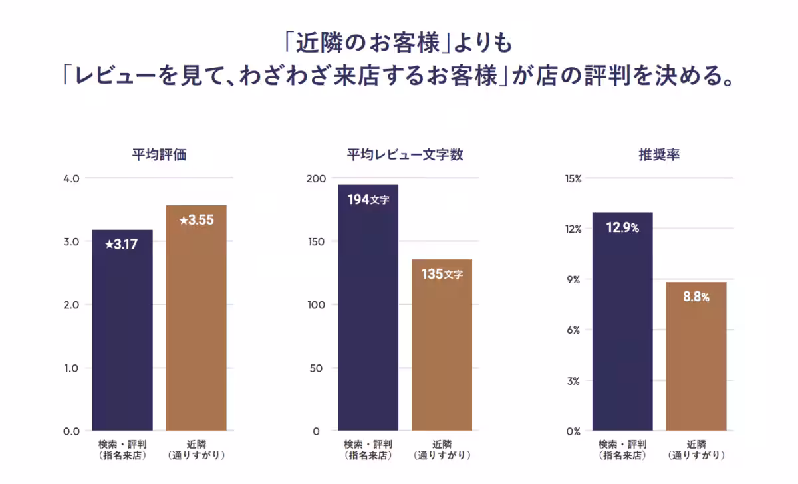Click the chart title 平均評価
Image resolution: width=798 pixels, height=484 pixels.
[x=159, y=156]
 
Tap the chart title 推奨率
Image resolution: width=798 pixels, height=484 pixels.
[x=658, y=156]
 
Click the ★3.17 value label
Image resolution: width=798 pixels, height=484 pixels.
[x=122, y=244]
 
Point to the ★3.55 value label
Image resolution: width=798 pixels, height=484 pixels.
[x=196, y=220]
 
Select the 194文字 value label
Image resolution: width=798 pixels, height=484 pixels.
[x=368, y=199]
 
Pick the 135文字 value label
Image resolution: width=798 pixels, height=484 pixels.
[x=442, y=274]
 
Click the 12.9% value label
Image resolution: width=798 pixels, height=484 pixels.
[x=622, y=228]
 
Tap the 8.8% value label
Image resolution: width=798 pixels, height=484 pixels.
[x=696, y=297]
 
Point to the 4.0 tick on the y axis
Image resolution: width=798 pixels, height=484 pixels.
[x=72, y=178]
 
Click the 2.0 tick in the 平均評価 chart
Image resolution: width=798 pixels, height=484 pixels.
[x=72, y=304]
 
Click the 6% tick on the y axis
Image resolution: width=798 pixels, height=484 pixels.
[x=574, y=330]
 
